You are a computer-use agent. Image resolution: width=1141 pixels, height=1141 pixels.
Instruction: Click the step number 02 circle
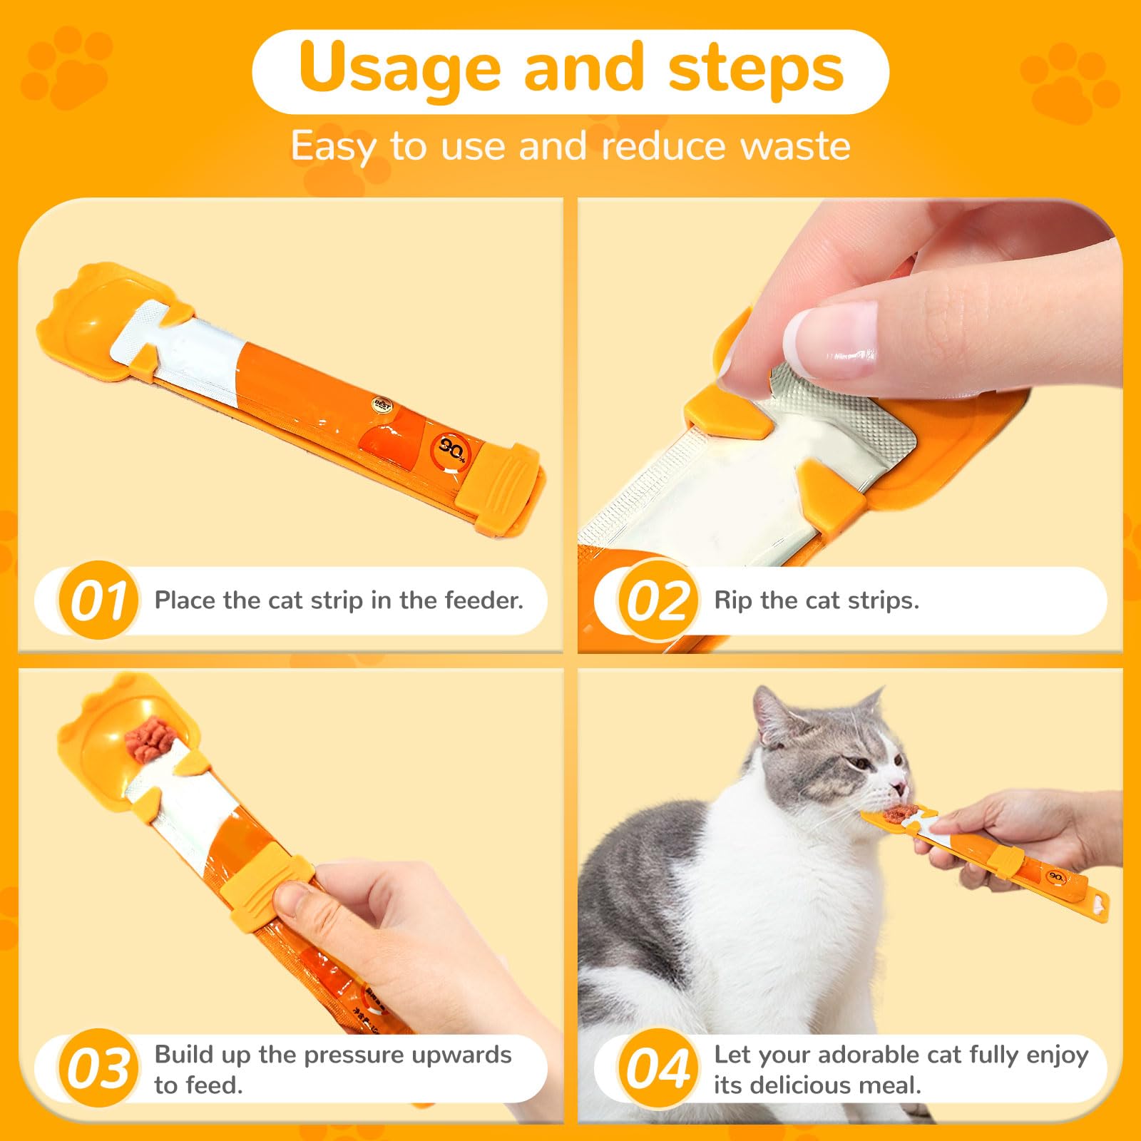point(657,600)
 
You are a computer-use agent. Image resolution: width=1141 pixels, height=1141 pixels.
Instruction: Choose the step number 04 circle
point(657,1068)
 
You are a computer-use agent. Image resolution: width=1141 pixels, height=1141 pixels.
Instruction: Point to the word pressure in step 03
point(351,1054)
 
